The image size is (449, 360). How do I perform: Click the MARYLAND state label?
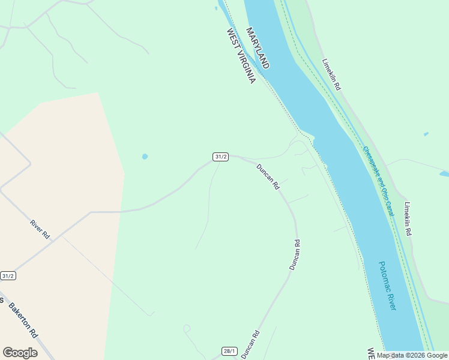pos(258,48)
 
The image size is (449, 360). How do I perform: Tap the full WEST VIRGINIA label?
pos(241,56)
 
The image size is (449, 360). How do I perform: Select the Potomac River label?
pos(388,285)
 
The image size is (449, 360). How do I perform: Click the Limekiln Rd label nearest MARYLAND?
pos(331,74)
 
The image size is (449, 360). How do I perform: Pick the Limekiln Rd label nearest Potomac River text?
pos(408,218)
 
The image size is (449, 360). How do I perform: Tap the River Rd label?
pos(40,230)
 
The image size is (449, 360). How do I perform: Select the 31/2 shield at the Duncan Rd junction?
pos(220,157)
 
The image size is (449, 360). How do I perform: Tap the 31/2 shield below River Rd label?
pos(8,276)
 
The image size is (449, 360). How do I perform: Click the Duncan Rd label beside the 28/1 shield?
pos(250,344)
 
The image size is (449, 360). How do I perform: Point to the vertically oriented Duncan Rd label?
pos(294,254)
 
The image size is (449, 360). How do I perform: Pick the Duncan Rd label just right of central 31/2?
pos(268,177)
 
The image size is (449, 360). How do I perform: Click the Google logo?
pos(20,353)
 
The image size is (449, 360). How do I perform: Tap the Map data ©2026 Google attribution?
pos(412,355)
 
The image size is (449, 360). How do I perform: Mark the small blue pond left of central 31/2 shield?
pos(145,157)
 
